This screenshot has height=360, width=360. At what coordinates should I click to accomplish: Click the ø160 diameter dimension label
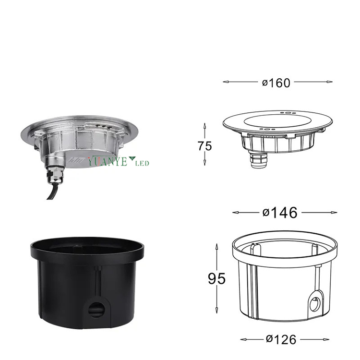(x=276, y=83)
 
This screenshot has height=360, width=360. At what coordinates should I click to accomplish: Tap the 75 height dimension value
(x=204, y=146)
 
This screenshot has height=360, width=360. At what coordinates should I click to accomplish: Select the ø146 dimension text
(x=280, y=213)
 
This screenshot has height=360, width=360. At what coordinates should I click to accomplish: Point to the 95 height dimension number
(x=216, y=278)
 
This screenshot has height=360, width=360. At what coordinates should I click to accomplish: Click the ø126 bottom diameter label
(x=281, y=339)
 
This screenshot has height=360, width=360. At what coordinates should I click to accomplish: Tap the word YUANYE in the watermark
(x=108, y=161)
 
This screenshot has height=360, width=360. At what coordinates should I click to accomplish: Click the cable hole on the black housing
(x=96, y=310)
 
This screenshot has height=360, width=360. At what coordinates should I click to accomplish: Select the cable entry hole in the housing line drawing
(x=315, y=304)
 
